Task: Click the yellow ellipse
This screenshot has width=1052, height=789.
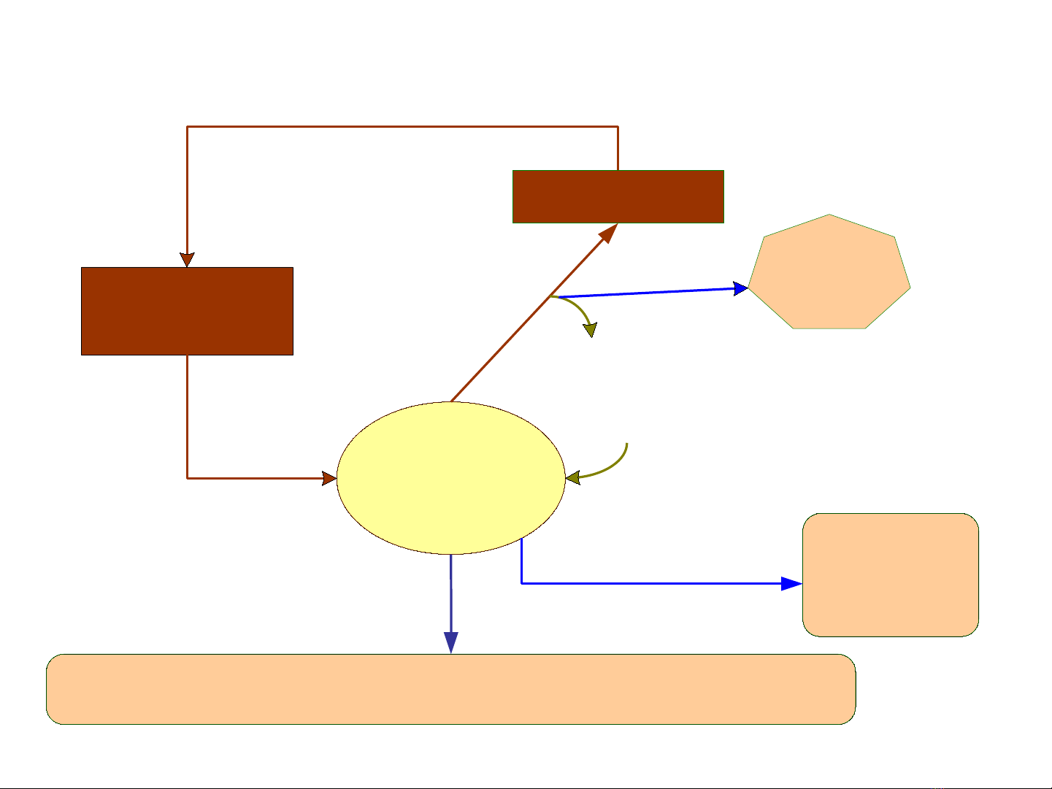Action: [450, 478]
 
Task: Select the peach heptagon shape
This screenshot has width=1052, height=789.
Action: [830, 274]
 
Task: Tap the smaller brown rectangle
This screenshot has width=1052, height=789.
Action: [618, 196]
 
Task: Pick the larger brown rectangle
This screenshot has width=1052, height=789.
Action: [187, 311]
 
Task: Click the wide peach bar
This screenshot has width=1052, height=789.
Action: [450, 689]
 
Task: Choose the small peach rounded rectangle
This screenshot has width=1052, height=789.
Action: [890, 575]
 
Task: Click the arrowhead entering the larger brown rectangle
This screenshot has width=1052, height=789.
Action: [187, 260]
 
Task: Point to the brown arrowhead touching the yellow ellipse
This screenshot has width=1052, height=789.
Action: [329, 479]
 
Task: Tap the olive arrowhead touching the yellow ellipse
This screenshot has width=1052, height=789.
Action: [573, 478]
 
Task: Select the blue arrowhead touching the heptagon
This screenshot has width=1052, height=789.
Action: [740, 289]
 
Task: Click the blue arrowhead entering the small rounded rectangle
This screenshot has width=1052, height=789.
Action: [792, 583]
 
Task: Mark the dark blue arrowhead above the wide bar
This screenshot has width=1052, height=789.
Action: [451, 642]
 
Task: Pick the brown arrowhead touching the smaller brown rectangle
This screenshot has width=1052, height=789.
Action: [609, 234]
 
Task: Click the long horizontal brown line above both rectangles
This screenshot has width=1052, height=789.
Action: [402, 126]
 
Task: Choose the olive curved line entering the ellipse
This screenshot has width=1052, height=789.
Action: [613, 466]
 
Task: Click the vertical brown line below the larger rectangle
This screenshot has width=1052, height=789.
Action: [187, 416]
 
